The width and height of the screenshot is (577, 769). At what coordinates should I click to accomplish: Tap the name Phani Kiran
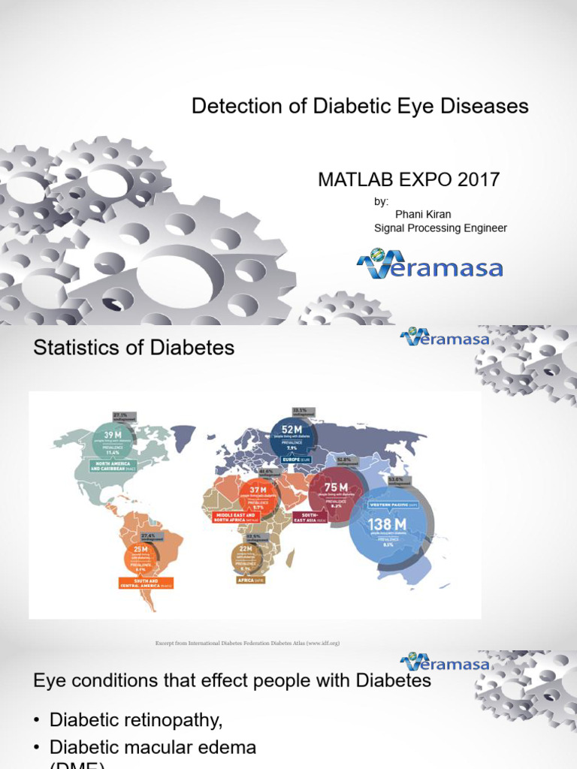coord(423,214)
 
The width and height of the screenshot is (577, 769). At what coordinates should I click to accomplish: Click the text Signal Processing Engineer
coord(440,228)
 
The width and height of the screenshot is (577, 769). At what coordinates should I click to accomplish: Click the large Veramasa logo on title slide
coord(430,265)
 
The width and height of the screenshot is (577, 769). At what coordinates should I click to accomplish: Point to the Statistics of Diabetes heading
coord(134,348)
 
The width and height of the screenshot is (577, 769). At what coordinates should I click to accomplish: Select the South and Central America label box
coord(146,584)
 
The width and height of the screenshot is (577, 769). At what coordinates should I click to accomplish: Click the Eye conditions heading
coord(232,680)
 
